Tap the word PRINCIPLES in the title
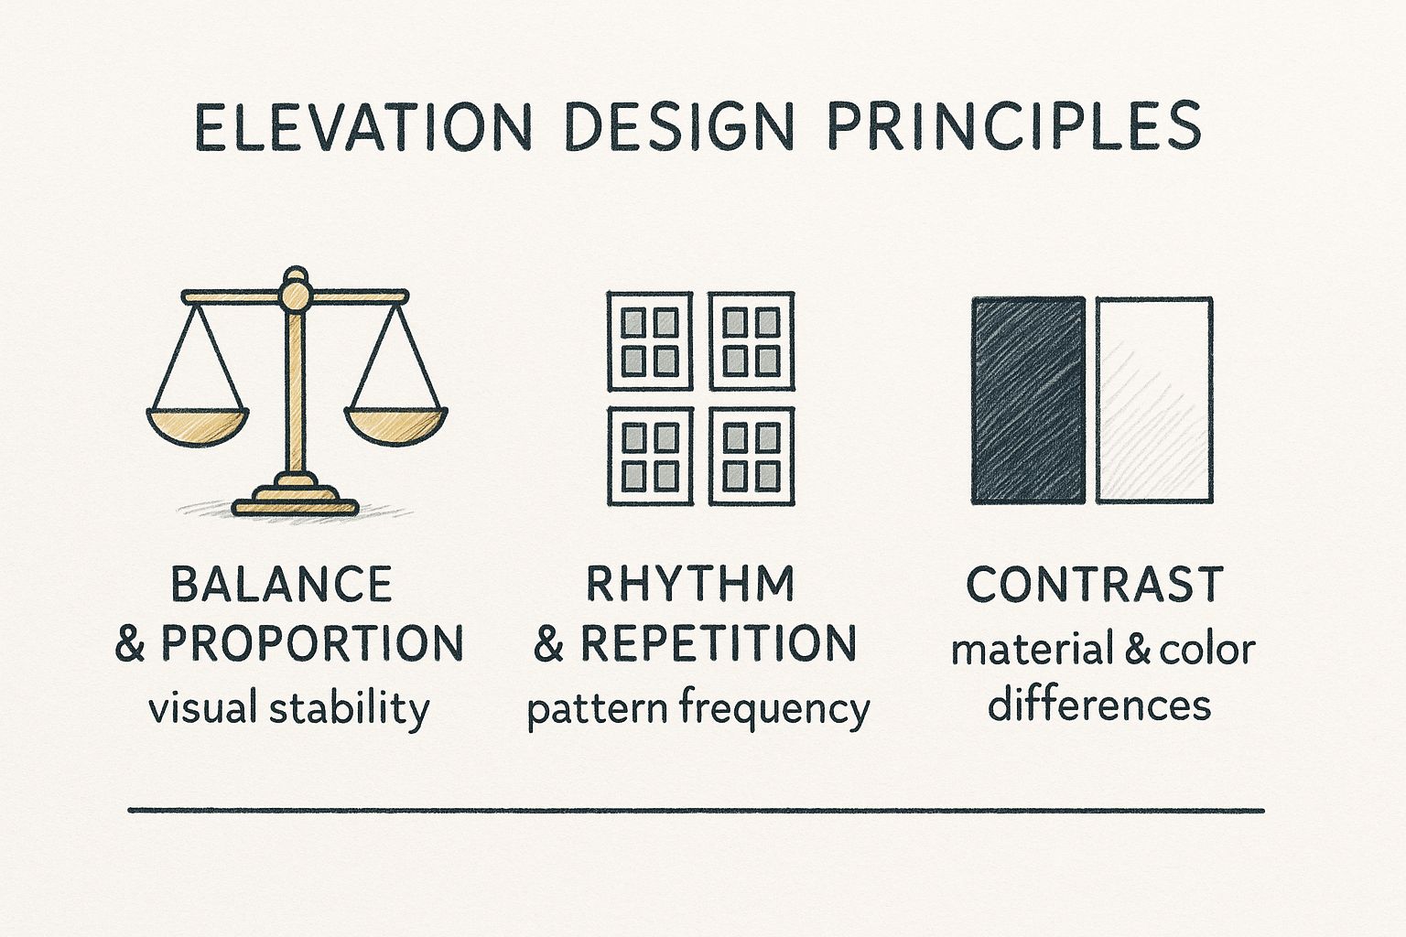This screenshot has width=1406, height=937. pos(1014,127)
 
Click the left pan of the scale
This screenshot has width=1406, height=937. pos(198,425)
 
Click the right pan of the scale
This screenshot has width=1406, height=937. pos(396,425)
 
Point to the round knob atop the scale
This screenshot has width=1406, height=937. pos(295,290)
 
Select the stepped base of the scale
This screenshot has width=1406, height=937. pos(295,498)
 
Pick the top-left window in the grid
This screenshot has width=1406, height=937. pos(650,341)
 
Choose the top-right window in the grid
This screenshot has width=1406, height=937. pos(752,341)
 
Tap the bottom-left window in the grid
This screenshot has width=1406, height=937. pos(650,456)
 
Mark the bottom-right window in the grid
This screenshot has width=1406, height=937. pos(752,456)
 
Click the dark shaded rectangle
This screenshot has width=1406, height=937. pos(1027,400)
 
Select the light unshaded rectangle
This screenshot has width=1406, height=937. pos(1154,400)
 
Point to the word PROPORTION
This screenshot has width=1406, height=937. pos(313,644)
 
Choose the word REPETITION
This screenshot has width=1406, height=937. pos(719,644)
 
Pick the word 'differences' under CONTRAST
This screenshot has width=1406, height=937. pos(1099,705)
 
